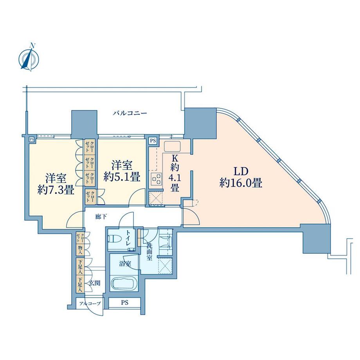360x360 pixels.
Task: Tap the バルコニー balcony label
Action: [x=130, y=113]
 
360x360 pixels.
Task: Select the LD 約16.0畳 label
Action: [x=241, y=177]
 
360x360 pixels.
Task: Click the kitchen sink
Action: [x=172, y=147]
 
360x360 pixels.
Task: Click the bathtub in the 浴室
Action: [x=124, y=284]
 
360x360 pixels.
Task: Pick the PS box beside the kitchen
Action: [x=152, y=140]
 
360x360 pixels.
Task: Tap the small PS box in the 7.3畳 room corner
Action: [x=31, y=139]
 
